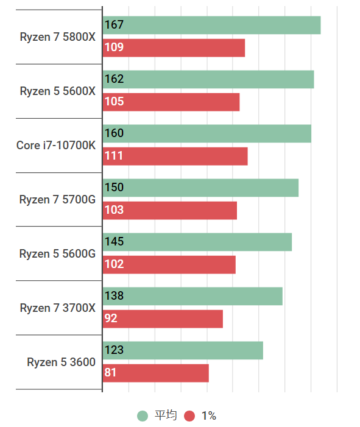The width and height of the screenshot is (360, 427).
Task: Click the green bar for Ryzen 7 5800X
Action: click(x=211, y=25)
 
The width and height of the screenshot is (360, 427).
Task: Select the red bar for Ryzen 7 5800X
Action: click(x=174, y=48)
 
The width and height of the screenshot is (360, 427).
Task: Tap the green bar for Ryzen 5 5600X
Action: click(x=208, y=79)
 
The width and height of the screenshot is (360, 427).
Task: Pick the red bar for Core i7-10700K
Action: click(x=175, y=156)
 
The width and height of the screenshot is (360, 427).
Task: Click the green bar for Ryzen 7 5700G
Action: click(x=200, y=188)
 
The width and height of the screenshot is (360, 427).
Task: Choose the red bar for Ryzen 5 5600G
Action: click(x=169, y=264)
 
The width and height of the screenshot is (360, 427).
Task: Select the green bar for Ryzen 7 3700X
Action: click(x=192, y=296)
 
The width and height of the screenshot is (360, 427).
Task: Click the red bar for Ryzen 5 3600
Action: click(x=155, y=373)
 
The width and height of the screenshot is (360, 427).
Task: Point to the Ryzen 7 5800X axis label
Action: click(x=57, y=37)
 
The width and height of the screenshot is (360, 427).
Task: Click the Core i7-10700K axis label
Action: click(x=55, y=145)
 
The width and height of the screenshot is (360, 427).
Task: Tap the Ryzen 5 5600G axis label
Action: click(x=57, y=253)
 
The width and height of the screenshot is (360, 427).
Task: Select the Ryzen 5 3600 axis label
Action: click(x=61, y=362)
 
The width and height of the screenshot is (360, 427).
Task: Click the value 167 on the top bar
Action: click(x=115, y=25)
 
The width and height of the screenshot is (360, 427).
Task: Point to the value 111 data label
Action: click(x=114, y=156)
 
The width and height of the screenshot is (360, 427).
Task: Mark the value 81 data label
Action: click(x=111, y=373)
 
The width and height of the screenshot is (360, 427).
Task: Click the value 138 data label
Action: click(x=115, y=296)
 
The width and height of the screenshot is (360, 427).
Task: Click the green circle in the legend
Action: click(x=143, y=416)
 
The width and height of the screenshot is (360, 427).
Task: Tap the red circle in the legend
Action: click(x=189, y=416)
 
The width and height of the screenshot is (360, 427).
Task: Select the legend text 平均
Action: click(x=165, y=416)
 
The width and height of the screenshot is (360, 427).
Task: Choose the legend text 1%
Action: click(x=209, y=416)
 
